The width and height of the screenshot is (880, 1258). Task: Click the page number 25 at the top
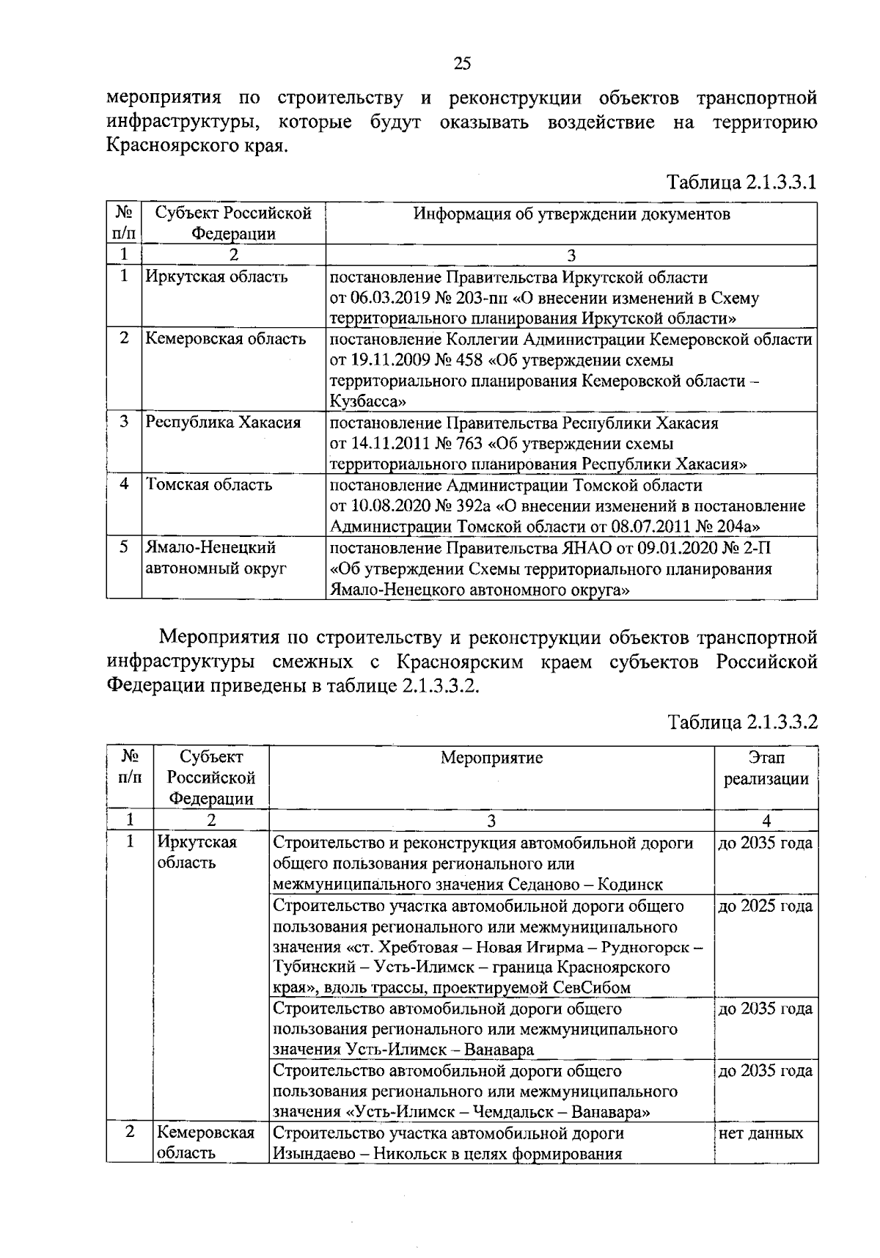click(x=462, y=64)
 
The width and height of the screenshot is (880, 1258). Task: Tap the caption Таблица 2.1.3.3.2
click(x=741, y=722)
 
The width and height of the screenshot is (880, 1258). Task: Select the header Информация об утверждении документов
click(x=571, y=214)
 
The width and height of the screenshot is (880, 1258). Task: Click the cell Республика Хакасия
click(x=223, y=423)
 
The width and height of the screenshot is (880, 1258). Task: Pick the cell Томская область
click(x=209, y=485)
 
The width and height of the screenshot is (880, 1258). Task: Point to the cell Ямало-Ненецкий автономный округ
click(x=216, y=557)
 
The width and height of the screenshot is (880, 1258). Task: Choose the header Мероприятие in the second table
click(x=491, y=758)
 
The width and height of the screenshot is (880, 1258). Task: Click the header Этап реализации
click(x=766, y=768)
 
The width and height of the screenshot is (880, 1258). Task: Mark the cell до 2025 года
click(x=765, y=907)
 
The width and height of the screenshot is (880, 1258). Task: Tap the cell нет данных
click(x=760, y=1133)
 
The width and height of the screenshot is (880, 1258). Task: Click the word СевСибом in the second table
click(x=595, y=988)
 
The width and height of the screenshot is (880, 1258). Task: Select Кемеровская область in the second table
click(x=205, y=1143)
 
